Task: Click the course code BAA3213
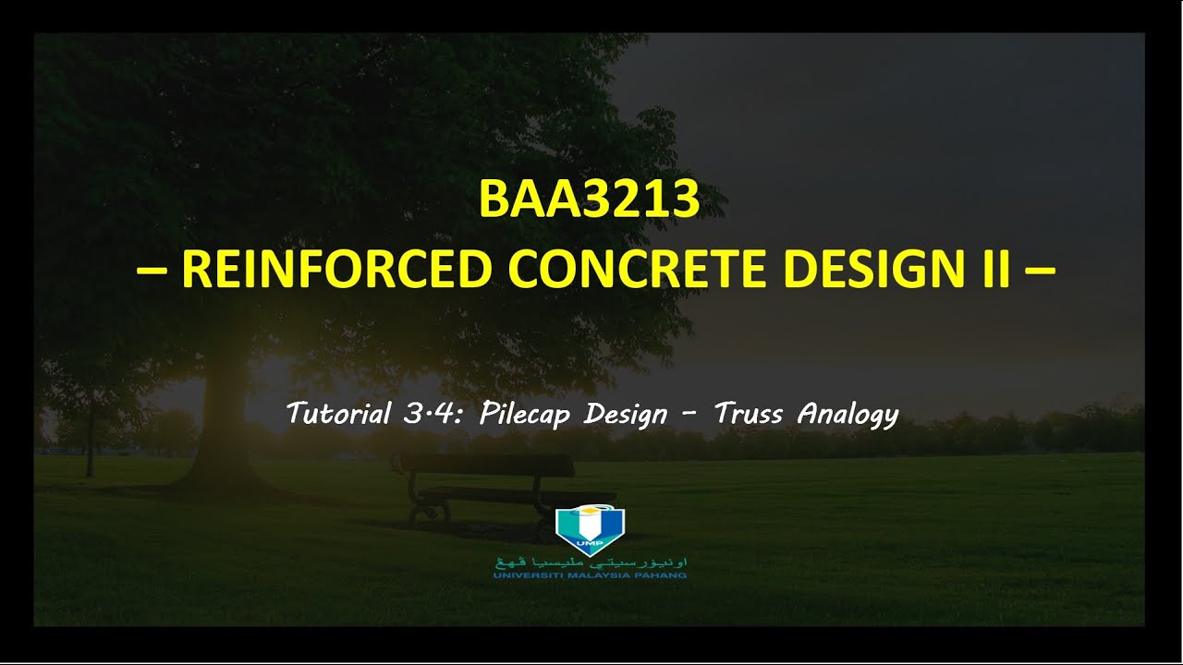point(590,199)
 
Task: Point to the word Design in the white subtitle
point(626,415)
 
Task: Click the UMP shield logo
point(590,527)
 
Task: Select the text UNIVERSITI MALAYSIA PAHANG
point(590,575)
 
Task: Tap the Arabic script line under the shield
point(591,562)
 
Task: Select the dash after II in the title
point(1039,271)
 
